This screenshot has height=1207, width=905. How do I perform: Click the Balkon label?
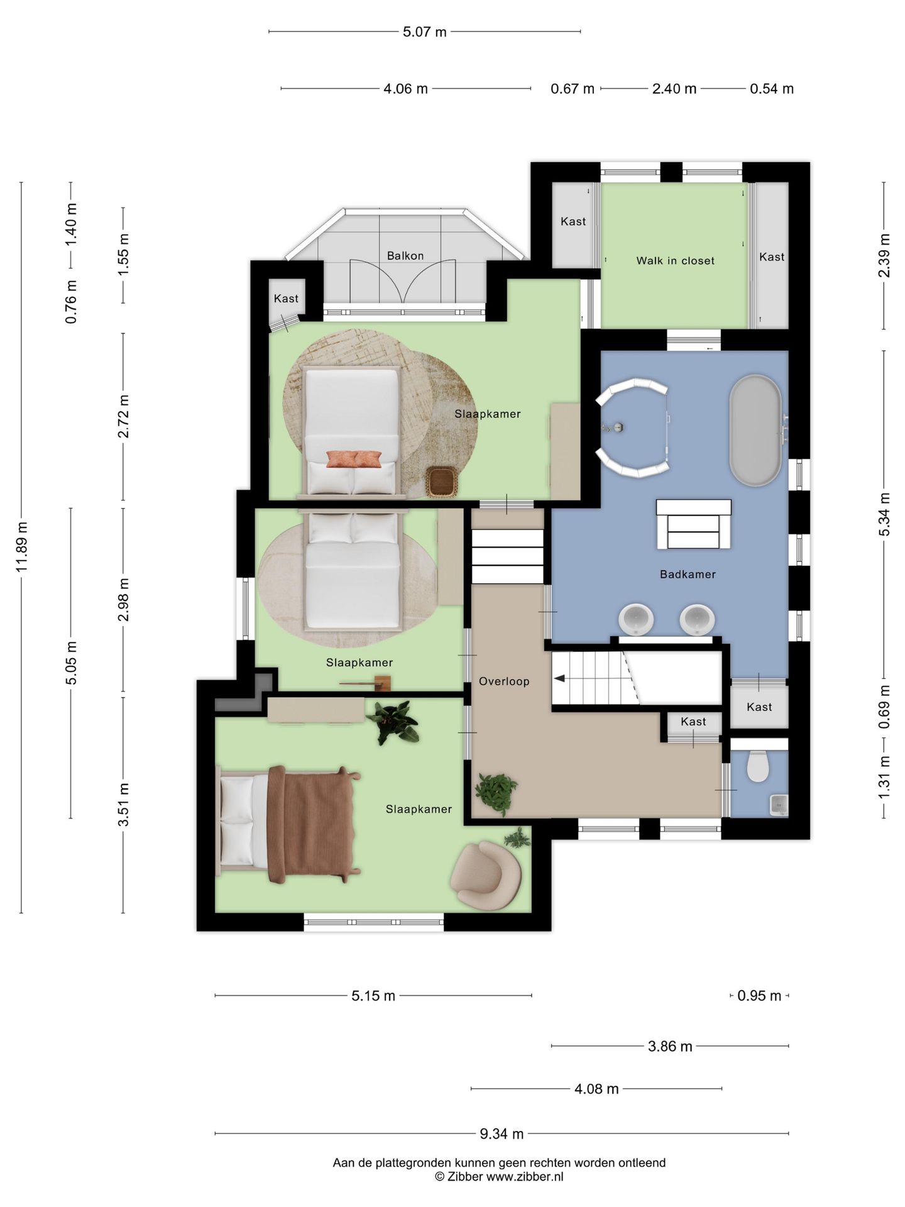[x=405, y=256]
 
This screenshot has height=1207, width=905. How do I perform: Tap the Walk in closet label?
[x=676, y=261]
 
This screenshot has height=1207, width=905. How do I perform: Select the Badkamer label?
[x=688, y=574]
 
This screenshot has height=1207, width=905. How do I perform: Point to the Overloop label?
[x=504, y=681]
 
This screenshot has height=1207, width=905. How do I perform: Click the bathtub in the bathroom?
[x=755, y=431]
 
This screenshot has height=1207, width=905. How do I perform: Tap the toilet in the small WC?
[x=758, y=766]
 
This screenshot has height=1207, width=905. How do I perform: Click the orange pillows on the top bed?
[x=354, y=459]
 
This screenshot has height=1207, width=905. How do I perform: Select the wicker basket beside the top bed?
[x=442, y=483]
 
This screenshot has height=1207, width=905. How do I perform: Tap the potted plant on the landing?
[x=496, y=793]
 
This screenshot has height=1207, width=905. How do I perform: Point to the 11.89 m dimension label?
[x=21, y=547]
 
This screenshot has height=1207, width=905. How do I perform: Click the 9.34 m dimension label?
[x=502, y=1133]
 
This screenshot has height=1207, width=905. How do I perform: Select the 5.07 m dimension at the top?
[x=425, y=31]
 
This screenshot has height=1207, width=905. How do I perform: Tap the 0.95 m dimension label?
[x=759, y=996]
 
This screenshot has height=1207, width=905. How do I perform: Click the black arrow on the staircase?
[x=559, y=678]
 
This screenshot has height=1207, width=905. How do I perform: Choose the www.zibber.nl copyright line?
[x=500, y=1177]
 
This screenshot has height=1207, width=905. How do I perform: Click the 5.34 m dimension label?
[x=884, y=514]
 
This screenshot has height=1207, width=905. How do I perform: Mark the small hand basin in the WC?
[x=779, y=805]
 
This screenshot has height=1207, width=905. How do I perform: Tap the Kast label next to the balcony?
[x=286, y=299]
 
